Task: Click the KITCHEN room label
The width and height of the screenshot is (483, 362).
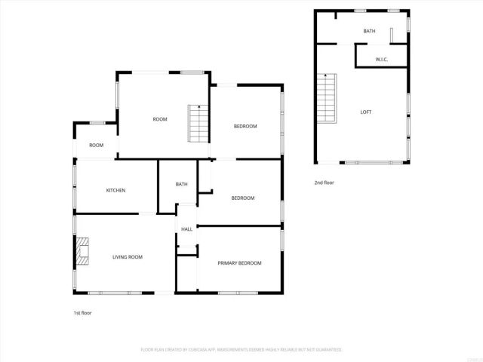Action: [115, 190]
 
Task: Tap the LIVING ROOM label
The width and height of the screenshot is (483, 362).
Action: [128, 257]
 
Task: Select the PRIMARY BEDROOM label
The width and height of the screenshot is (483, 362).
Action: [239, 262]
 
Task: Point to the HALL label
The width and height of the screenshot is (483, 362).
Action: [186, 229]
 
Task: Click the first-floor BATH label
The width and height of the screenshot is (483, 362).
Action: [181, 184]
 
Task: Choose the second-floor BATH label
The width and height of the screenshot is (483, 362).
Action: [369, 31]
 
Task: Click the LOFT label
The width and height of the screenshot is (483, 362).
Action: [366, 112]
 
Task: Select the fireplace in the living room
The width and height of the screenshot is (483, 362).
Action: [82, 252]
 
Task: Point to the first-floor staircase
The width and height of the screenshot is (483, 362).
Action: [197, 123]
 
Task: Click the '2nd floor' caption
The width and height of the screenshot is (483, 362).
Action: [324, 183]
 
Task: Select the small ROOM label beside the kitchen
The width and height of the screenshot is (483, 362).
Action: [96, 145]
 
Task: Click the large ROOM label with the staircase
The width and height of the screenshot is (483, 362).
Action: [160, 119]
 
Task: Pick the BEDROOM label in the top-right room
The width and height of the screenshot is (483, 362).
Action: [245, 126]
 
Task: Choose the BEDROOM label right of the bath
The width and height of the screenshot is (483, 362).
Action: [242, 198]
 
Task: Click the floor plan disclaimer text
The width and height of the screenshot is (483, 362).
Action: [241, 350]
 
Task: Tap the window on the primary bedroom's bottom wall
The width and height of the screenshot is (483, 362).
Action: [238, 292]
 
